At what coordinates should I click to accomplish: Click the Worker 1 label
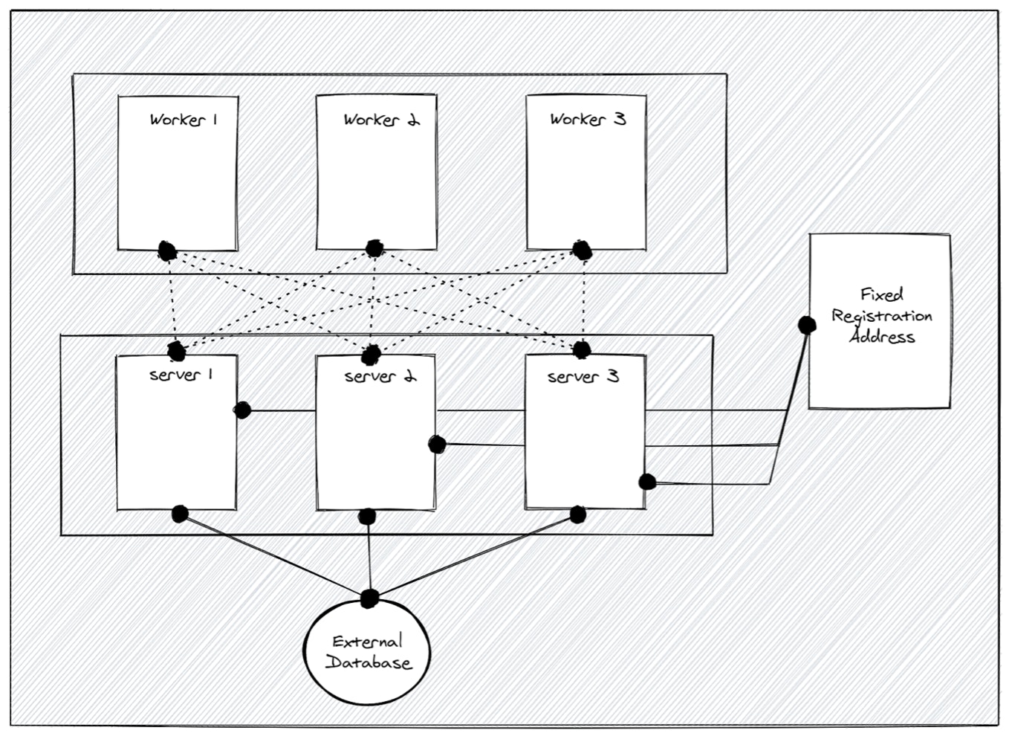[x=183, y=120]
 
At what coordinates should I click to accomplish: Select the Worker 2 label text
[x=381, y=120]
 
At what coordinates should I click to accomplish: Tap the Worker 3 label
[x=588, y=119]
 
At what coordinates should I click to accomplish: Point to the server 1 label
[x=181, y=375]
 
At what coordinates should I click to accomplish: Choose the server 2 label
[x=380, y=376]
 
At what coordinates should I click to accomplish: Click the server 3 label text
[x=583, y=377]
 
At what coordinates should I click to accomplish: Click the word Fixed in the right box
[x=882, y=294]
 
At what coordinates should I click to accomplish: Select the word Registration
[x=882, y=316]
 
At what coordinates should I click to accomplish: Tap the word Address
[x=882, y=337]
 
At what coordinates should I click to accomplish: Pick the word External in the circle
[x=367, y=642]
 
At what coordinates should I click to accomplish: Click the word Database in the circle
[x=368, y=662]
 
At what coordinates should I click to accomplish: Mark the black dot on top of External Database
[x=369, y=598]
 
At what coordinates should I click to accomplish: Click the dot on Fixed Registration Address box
[x=806, y=325]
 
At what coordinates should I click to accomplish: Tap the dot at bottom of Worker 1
[x=167, y=251]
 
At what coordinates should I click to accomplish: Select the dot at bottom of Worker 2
[x=374, y=248]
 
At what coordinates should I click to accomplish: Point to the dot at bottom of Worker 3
[x=583, y=251]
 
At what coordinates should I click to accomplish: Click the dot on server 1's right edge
[x=242, y=410]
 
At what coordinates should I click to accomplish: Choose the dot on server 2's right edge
[x=437, y=445]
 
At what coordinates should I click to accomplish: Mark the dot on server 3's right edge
[x=647, y=482]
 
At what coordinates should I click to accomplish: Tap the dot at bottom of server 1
[x=180, y=514]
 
